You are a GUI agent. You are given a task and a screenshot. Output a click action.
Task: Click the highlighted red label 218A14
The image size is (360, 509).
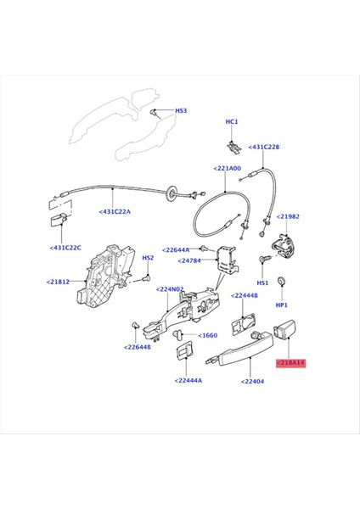pos(290,362)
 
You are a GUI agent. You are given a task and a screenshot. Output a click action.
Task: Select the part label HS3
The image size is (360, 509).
pos(181,111)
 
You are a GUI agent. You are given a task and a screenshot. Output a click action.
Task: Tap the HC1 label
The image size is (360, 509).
pos(232,122)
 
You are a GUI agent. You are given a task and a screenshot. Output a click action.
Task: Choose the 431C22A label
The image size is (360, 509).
pos(115,212)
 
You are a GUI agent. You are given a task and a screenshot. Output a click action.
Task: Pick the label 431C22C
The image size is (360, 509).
pos(67,248)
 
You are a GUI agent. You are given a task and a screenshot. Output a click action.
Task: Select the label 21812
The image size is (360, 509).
pos(61,282)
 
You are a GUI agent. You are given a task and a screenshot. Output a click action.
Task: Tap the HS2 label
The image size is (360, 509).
pos(147,258)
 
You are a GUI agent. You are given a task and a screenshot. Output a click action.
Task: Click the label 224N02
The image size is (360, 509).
pos(171,288)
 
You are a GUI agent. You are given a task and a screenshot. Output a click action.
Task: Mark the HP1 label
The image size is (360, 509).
pos(283,304)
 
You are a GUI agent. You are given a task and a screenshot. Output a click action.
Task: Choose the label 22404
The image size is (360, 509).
pos(253,383)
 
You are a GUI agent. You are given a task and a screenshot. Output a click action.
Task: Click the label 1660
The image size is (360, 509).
pos(208,335)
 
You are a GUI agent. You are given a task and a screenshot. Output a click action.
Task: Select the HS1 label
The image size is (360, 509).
pos(262,282)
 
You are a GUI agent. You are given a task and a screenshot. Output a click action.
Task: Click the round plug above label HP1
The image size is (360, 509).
pos(283,282)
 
